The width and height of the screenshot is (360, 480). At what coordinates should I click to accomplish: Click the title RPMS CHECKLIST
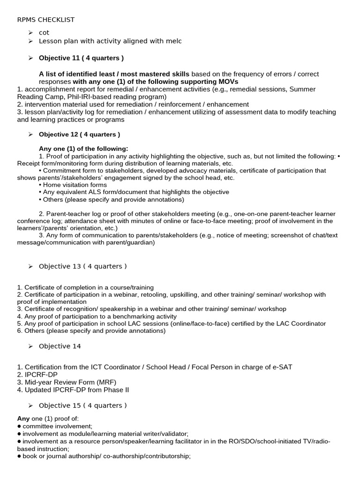pyautogui.click(x=45, y=20)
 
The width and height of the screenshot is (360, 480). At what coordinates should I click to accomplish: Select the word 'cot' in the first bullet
pyautogui.click(x=44, y=32)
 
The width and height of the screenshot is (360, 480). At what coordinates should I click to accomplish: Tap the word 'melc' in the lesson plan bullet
pyautogui.click(x=173, y=41)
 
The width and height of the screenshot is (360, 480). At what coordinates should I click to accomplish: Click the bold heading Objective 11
pyautogui.click(x=81, y=58)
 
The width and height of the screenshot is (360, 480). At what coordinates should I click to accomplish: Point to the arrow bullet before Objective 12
pyautogui.click(x=30, y=135)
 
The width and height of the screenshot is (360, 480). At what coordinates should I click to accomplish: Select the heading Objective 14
pyautogui.click(x=60, y=346)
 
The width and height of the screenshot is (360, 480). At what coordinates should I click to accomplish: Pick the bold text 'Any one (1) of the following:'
pyautogui.click(x=83, y=149)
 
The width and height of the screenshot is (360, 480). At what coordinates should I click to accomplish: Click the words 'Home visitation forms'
pyautogui.click(x=75, y=185)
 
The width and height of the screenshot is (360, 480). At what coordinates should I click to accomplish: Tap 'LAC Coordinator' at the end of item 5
pyautogui.click(x=301, y=323)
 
